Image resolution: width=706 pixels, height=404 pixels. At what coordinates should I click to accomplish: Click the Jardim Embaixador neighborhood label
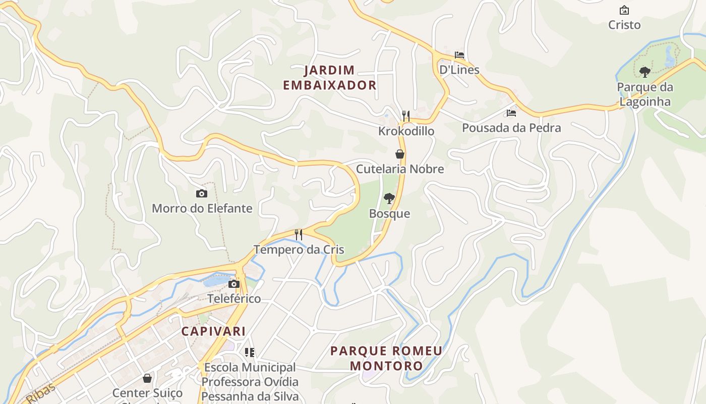click(x=329, y=77)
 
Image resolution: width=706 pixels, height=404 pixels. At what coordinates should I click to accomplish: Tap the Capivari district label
click(x=213, y=331)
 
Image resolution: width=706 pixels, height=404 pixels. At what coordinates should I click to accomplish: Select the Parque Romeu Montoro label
click(x=386, y=358)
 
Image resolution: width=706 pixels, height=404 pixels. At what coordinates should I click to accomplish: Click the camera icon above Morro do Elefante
click(x=201, y=193)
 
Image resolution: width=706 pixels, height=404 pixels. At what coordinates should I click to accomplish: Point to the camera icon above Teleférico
click(x=233, y=284)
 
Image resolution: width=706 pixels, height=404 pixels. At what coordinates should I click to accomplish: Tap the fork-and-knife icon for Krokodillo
click(x=405, y=116)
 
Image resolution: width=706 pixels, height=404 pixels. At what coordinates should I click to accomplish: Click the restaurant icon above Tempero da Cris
click(x=299, y=234)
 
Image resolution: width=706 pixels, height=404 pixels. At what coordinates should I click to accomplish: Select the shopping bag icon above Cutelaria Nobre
click(x=400, y=154)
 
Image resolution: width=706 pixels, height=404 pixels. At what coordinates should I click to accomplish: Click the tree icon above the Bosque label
click(x=389, y=198)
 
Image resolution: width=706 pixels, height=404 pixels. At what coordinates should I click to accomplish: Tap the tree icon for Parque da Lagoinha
click(x=644, y=72)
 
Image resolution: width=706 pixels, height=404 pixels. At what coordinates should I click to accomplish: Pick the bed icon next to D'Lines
click(x=459, y=55)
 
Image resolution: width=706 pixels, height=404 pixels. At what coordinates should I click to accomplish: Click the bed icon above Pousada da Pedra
click(x=511, y=113)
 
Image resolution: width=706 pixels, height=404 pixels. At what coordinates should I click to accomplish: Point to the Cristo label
click(x=624, y=25)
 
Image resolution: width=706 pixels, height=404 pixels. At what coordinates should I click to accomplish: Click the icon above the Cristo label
click(x=624, y=10)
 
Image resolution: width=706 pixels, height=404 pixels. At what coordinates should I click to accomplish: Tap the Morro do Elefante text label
click(x=202, y=208)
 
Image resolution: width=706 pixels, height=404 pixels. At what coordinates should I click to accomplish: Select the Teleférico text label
click(x=234, y=298)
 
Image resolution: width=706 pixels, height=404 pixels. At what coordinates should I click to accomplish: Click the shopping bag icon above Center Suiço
click(x=147, y=378)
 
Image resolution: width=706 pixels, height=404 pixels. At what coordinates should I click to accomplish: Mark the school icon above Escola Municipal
click(x=250, y=352)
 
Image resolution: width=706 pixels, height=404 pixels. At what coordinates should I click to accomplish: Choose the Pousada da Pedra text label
click(x=511, y=128)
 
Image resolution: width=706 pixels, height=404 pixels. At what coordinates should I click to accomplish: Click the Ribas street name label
click(x=40, y=392)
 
